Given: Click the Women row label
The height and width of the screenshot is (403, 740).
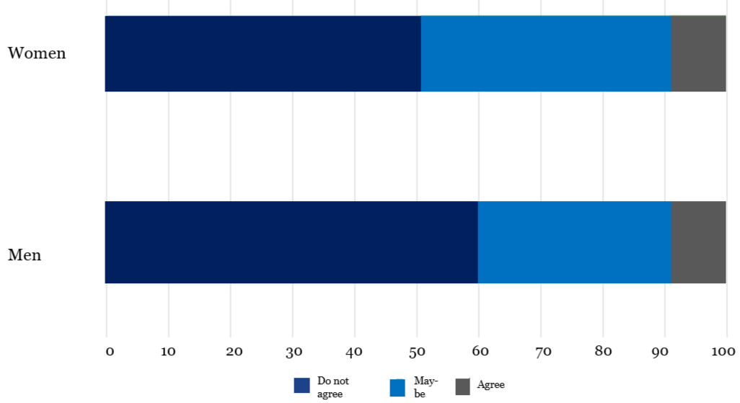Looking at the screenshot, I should (37, 53).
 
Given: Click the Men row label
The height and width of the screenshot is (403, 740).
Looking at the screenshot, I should (25, 255).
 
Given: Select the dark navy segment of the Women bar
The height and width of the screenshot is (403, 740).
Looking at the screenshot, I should (263, 53).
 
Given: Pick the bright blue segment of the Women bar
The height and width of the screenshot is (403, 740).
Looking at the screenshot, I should (546, 53).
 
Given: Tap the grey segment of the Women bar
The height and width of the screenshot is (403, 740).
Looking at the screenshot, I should (698, 53).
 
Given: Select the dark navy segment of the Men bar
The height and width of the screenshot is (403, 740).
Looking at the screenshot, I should (291, 242).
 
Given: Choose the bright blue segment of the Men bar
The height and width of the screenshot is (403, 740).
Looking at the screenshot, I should (574, 242).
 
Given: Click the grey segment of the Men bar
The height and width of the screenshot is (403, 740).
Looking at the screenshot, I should (698, 242).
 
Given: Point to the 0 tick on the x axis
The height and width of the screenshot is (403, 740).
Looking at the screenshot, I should (110, 351).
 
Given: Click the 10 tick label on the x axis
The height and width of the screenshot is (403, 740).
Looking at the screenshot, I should (169, 351).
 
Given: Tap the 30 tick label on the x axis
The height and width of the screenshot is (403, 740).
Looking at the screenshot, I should (292, 351).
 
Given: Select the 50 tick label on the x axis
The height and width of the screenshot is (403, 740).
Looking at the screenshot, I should (417, 351).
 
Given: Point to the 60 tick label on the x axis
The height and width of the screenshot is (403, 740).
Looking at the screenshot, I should (479, 351).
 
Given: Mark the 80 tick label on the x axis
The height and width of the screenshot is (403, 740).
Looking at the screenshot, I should (603, 351).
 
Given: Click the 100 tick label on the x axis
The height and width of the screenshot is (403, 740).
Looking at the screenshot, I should (723, 351).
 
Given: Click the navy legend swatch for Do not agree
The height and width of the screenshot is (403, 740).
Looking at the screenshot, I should (301, 386).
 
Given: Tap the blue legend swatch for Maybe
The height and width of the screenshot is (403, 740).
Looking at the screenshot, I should (397, 387).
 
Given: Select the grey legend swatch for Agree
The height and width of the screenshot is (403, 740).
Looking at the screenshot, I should (462, 386).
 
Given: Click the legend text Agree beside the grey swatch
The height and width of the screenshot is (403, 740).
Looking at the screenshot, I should (490, 385).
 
